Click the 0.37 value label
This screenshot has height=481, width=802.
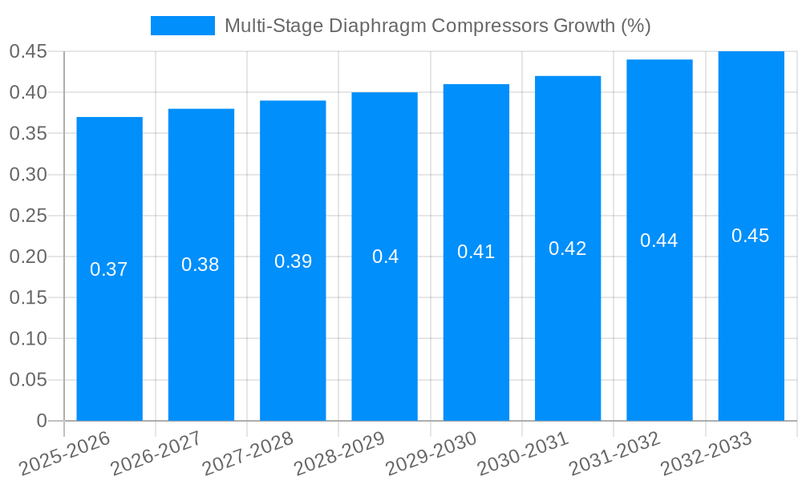click(109, 269)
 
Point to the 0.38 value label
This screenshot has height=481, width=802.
click(200, 265)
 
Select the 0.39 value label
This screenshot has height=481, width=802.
click(293, 261)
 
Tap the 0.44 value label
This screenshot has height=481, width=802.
click(659, 240)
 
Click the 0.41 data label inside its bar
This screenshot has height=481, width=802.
click(476, 252)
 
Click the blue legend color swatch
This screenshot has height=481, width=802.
click(183, 26)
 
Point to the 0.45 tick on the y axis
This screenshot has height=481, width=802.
click(28, 52)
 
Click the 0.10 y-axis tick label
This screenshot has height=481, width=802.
click(28, 339)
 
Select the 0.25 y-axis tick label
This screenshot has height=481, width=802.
click(28, 216)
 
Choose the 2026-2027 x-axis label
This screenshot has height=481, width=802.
click(157, 453)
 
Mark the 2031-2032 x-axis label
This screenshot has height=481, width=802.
click(615, 453)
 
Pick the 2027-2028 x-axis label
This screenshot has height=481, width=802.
click(249, 453)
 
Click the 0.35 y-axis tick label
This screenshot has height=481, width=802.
click(28, 134)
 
